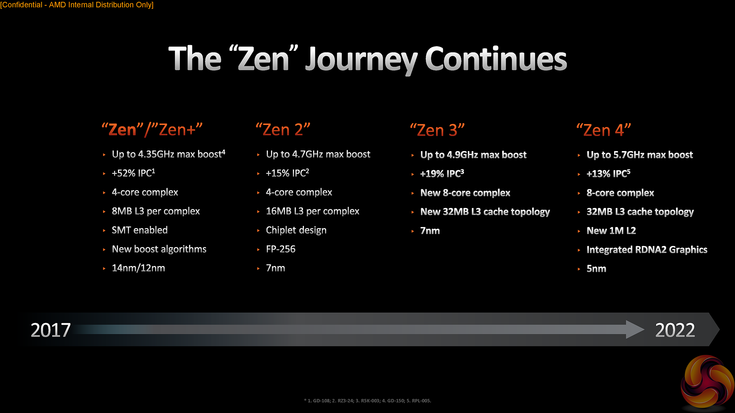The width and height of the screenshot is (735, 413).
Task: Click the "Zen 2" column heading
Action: coord(283,130)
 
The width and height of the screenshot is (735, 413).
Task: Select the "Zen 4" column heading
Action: coord(604,130)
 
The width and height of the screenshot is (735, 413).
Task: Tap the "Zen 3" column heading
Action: coord(437,130)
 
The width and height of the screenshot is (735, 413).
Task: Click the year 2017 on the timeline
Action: coord(51,330)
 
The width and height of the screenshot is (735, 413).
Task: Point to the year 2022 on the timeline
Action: coord(675,330)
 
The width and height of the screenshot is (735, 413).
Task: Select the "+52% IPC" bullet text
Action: coord(133,173)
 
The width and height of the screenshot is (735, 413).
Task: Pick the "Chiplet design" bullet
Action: coord(296,230)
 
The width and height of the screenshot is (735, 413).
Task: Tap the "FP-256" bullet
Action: coord(281,249)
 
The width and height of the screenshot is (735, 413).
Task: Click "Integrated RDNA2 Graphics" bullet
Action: coord(647,250)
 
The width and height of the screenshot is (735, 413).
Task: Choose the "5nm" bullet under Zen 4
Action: coord(596,269)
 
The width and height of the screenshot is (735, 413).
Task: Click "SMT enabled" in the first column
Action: coord(140,230)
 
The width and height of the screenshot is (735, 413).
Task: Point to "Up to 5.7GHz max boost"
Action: coord(640,155)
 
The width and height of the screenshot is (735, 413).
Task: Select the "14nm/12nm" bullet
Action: coord(138,268)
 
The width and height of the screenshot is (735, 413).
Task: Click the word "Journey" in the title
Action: coord(361,60)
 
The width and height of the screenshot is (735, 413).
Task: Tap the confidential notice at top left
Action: coord(77,5)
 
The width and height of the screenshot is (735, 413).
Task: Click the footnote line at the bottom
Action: coord(367,401)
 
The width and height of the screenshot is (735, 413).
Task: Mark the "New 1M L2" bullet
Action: coord(611,231)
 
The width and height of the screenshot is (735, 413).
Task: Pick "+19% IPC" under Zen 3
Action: coord(442,174)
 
